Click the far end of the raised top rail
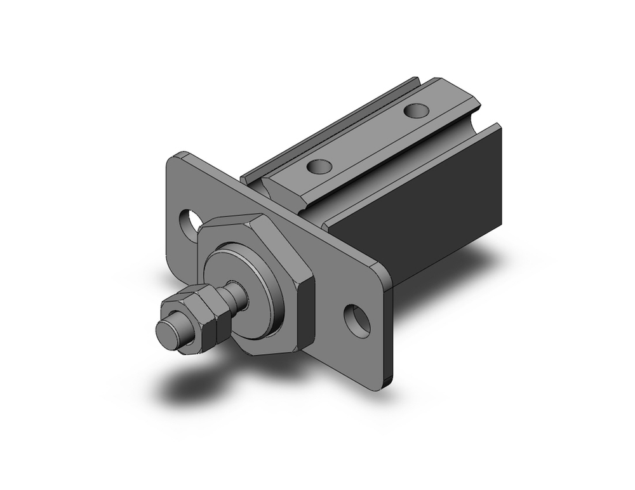[444, 89]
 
